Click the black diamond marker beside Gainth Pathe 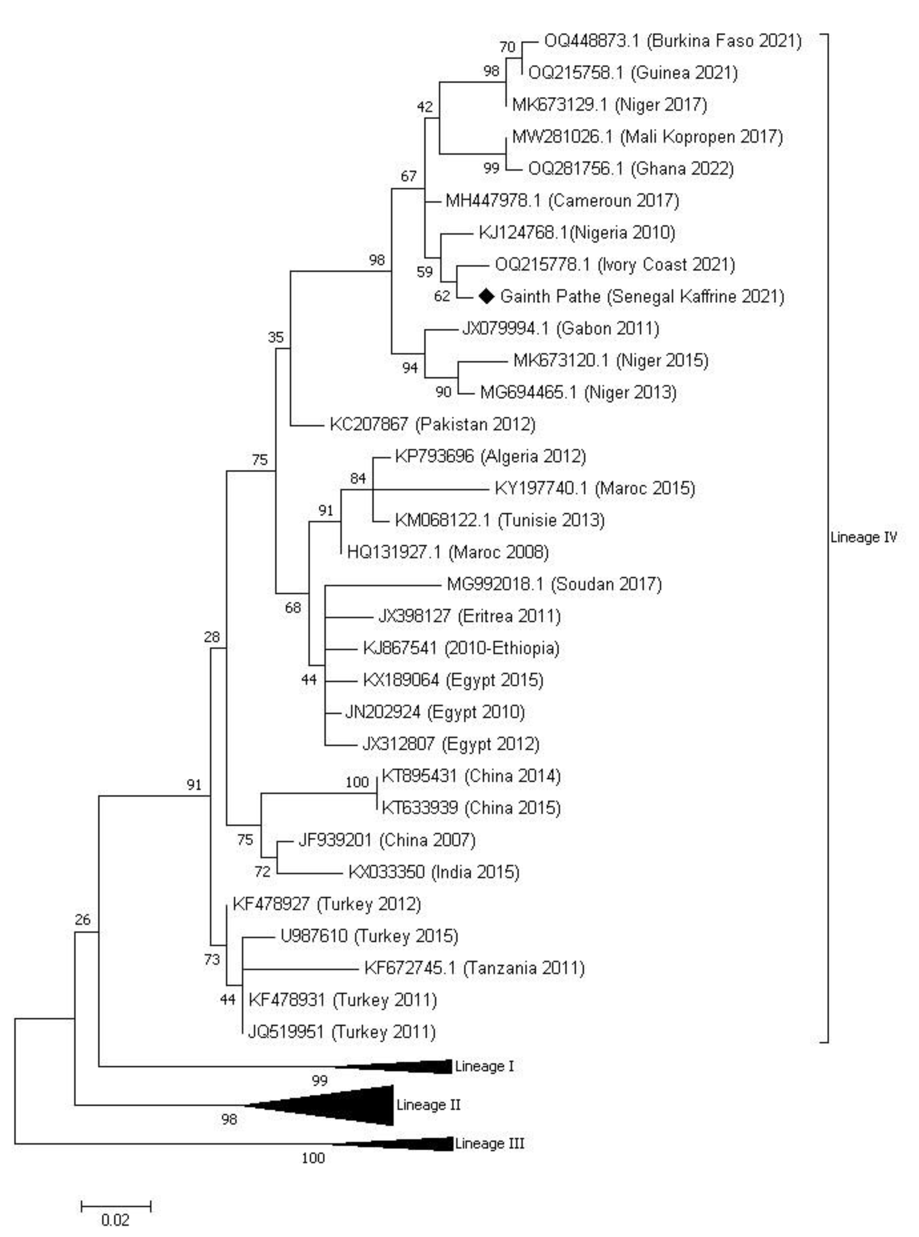(486, 297)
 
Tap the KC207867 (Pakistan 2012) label (432, 425)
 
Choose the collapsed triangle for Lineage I (412, 1066)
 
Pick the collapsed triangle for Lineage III (412, 1143)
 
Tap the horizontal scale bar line (116, 1206)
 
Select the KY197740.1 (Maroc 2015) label (595, 489)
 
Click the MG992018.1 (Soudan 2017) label (554, 585)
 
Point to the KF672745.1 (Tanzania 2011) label (474, 968)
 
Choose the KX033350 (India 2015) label (433, 872)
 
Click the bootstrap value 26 (82, 920)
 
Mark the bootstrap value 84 (358, 478)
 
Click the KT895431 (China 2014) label (471, 776)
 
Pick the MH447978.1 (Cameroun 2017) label (562, 201)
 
